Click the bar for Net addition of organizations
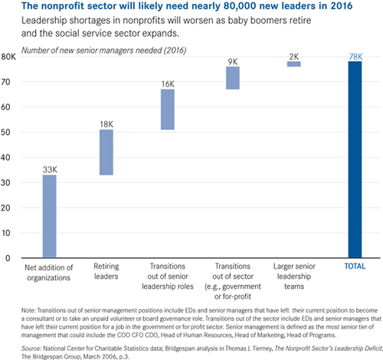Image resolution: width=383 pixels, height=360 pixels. pos(50,216)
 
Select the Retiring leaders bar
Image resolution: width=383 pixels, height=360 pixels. pos(106,152)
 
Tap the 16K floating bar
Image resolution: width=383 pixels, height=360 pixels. pos(168,110)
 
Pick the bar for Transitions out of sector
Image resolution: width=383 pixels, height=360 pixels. pos(233,78)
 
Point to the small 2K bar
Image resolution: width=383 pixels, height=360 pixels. pos(294,64)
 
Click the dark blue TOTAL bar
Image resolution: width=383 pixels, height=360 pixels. pos(355,159)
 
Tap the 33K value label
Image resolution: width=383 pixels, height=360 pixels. pos(50,169)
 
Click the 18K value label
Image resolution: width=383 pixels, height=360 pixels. pos(106,124)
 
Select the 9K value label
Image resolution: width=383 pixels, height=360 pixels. pos(233,62)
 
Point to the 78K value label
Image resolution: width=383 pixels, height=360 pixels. pos(355,57)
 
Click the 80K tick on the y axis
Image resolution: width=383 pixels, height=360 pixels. pos(8,57)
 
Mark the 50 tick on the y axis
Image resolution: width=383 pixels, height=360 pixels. pos(5,133)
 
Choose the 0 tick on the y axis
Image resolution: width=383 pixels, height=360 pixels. pos(8,258)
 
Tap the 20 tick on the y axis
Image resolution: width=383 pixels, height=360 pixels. pos(5,208)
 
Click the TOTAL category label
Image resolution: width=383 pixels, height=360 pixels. pos(355,267)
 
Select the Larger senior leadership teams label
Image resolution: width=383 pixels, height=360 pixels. pos(294,277)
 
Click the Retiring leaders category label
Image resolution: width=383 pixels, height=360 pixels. pos(106,271)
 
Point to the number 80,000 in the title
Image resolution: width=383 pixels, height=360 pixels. pos(240,5)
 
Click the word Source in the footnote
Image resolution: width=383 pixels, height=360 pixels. pos(31,349)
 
